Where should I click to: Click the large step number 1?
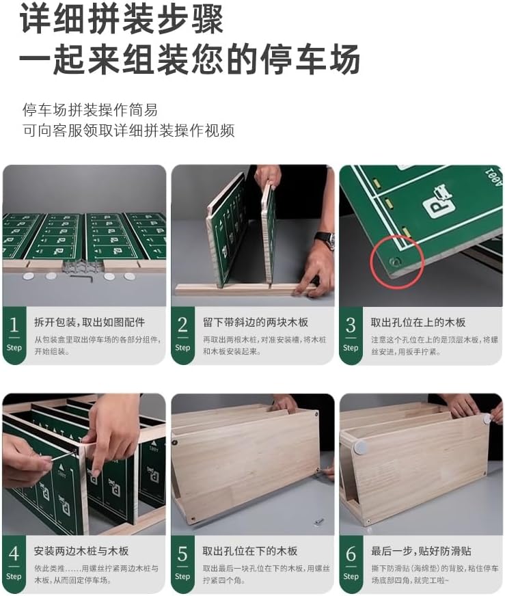(14, 325)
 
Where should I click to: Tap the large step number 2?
(182, 325)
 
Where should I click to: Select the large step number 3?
(351, 325)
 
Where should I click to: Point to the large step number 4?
(14, 554)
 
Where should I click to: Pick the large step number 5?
(182, 554)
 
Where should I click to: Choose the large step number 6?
(351, 554)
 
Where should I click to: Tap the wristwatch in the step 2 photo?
(326, 239)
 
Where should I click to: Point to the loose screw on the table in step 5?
(319, 521)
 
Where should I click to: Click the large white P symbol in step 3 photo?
(439, 201)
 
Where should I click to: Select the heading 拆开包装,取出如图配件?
(90, 323)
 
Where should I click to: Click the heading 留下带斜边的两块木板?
(255, 323)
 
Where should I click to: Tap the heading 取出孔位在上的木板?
(418, 323)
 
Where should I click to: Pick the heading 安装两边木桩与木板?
(81, 551)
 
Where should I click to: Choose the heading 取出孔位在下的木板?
(249, 551)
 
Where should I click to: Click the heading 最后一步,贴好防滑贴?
(421, 551)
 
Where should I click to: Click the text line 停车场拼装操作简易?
(90, 110)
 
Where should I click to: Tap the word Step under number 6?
(351, 576)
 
